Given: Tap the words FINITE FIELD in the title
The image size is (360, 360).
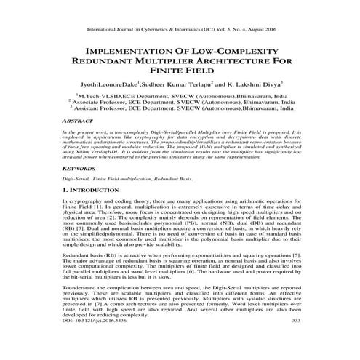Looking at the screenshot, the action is (x=180, y=76).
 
